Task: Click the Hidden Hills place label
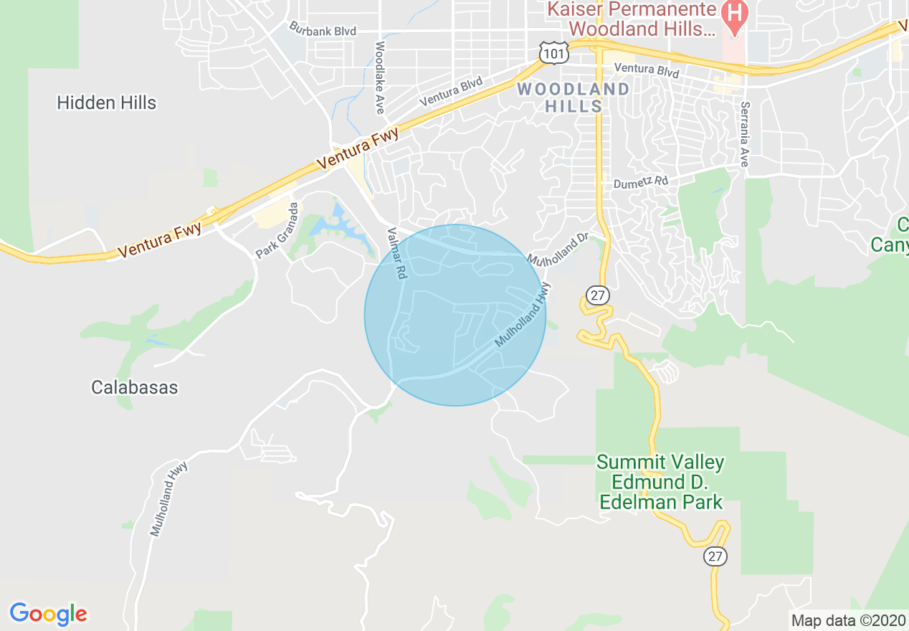tap(106, 103)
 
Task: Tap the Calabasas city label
tap(135, 387)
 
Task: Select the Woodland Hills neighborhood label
tap(574, 98)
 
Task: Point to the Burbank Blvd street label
tap(323, 29)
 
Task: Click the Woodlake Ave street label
tap(379, 77)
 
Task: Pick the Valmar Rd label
tap(396, 253)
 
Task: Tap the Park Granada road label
tap(277, 230)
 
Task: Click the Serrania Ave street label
tap(743, 134)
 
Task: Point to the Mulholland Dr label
tap(558, 247)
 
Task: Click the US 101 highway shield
tap(554, 52)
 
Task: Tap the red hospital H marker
tap(734, 12)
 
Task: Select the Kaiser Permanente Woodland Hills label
tap(632, 19)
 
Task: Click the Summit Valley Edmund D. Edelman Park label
tap(660, 482)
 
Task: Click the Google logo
tap(49, 614)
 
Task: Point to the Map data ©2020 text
tap(848, 620)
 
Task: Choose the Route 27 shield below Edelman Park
tap(715, 556)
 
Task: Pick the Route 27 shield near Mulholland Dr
tap(596, 295)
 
